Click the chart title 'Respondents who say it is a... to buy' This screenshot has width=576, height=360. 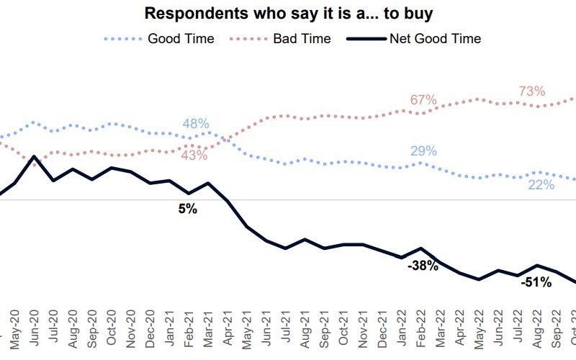point(288,13)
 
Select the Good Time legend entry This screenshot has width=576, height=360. point(181,38)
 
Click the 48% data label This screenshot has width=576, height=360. point(195,124)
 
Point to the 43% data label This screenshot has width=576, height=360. point(194,156)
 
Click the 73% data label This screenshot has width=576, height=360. point(532,91)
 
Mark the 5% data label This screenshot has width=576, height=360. point(188,210)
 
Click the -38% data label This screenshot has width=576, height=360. point(423,266)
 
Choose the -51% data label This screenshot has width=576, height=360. point(536,282)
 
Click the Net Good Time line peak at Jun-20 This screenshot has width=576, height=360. point(34,156)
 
